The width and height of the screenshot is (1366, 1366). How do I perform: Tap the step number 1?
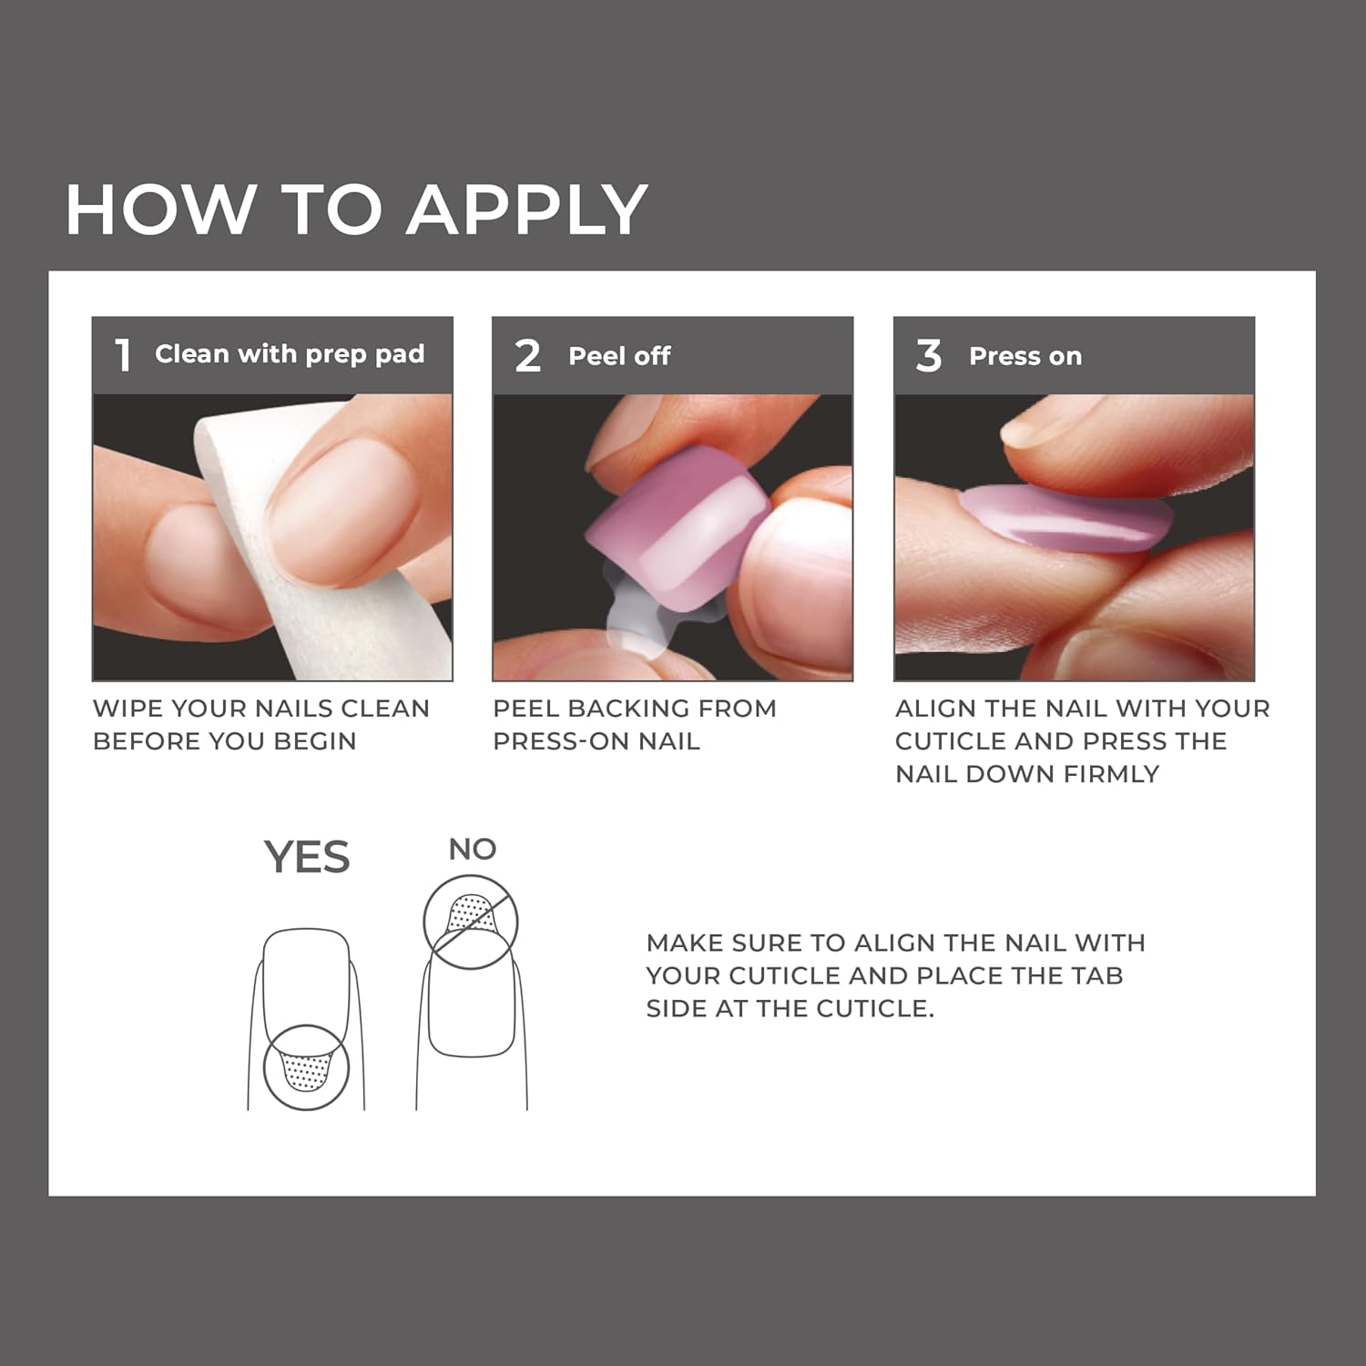pyautogui.click(x=123, y=355)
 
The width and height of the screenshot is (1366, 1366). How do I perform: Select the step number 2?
pyautogui.click(x=527, y=356)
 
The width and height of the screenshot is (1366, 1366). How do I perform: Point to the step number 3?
pyautogui.click(x=928, y=356)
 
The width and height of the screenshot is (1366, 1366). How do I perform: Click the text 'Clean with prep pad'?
pyautogui.click(x=290, y=354)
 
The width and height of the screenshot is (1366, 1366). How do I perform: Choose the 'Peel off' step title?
pyautogui.click(x=619, y=356)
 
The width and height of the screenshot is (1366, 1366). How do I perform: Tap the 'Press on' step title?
pyautogui.click(x=1025, y=356)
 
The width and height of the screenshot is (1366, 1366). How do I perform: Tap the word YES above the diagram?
pyautogui.click(x=307, y=858)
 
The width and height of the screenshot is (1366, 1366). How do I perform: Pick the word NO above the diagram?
pyautogui.click(x=473, y=850)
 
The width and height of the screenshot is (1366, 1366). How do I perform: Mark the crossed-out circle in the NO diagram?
pyautogui.click(x=471, y=921)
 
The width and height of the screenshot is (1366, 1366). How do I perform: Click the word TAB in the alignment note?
pyautogui.click(x=1097, y=975)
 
